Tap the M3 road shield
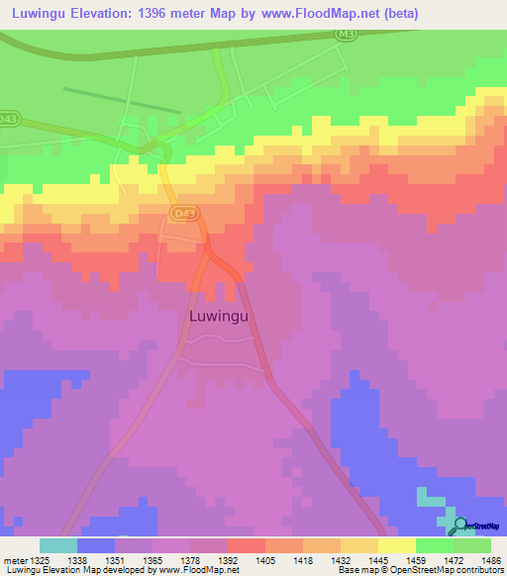pyautogui.click(x=344, y=34)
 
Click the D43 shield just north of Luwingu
pyautogui.click(x=183, y=213)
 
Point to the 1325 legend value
pyautogui.click(x=40, y=559)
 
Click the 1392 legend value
pyautogui.click(x=228, y=559)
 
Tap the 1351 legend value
pyautogui.click(x=115, y=559)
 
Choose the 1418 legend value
pyautogui.click(x=302, y=559)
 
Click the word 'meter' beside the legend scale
pyautogui.click(x=14, y=559)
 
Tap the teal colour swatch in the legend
pyautogui.click(x=57, y=545)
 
